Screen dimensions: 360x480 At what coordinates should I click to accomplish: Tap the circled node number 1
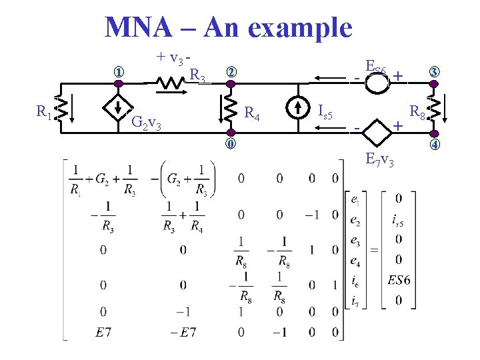119,72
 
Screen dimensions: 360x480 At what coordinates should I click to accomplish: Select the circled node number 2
230,72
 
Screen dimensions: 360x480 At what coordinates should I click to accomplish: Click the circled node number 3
434,72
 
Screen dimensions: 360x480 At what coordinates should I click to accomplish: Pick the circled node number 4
434,145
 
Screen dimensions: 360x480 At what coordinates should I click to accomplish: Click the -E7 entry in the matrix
184,332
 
